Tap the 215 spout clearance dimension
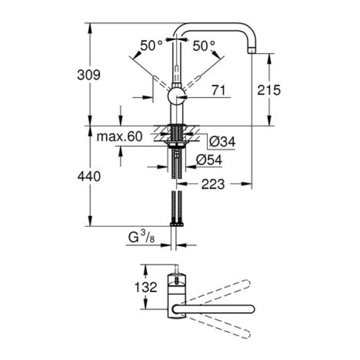click(x=269, y=91)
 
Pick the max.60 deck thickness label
click(x=119, y=137)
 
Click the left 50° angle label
click(x=151, y=46)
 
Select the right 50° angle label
click(x=204, y=46)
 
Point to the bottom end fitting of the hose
click(x=177, y=224)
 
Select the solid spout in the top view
click(x=213, y=309)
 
